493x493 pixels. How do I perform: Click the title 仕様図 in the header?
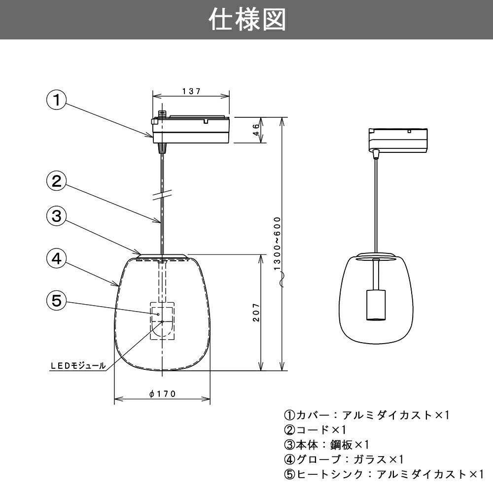pyautogui.click(x=246, y=20)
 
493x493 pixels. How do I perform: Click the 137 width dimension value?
pyautogui.click(x=191, y=91)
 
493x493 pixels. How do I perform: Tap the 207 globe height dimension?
pyautogui.click(x=255, y=313)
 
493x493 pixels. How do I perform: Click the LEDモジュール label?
pyautogui.click(x=78, y=366)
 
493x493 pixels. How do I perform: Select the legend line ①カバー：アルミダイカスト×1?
pyautogui.click(x=367, y=415)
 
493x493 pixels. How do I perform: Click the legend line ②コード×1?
pyautogui.click(x=316, y=430)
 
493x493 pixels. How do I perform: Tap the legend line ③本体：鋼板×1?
pyautogui.click(x=326, y=445)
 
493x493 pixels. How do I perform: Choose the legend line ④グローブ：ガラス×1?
pyautogui.click(x=344, y=459)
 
